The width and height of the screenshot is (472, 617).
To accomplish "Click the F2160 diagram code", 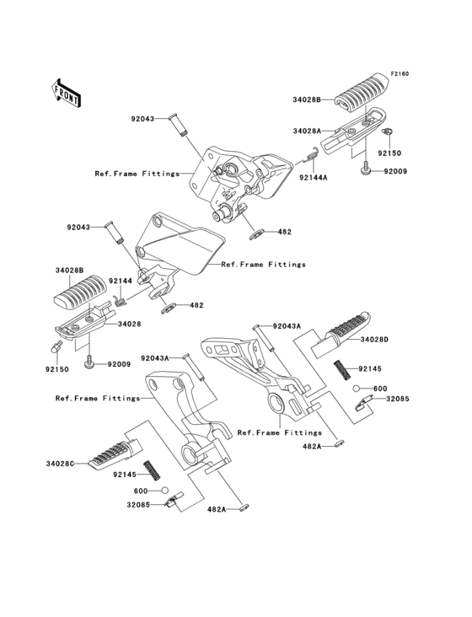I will point(399,74).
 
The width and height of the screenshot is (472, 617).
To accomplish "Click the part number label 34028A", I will point(307,131).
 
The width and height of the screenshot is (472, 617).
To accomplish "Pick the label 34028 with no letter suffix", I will point(129,324).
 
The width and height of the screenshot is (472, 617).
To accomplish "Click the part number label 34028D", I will point(399,339).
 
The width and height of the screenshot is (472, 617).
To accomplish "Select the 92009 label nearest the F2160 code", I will point(395,172).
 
